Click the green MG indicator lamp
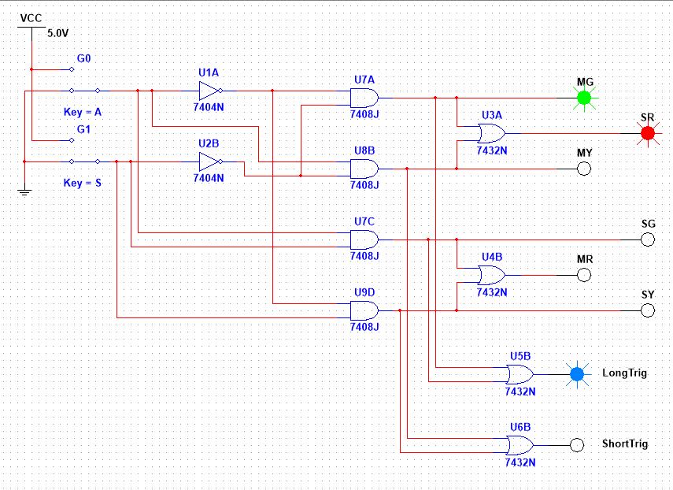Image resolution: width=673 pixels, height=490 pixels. click(583, 98)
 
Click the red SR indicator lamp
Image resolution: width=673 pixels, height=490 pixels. click(648, 133)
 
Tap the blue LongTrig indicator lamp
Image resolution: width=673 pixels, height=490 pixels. click(577, 373)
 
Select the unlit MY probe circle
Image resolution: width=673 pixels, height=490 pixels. click(583, 169)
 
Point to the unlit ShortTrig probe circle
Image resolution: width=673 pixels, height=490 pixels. click(577, 444)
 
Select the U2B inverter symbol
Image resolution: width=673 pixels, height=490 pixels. click(210, 162)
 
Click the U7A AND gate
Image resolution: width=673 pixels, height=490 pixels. click(364, 98)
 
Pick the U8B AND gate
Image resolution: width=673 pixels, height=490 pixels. click(364, 169)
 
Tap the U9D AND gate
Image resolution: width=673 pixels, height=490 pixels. click(364, 310)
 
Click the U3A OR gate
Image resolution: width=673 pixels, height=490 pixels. click(491, 133)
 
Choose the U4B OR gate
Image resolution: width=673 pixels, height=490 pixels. click(491, 275)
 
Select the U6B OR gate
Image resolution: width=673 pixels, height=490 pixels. click(520, 444)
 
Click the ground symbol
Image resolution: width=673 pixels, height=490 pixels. click(25, 191)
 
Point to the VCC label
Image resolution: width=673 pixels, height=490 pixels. click(31, 17)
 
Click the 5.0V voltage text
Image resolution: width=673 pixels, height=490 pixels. click(57, 34)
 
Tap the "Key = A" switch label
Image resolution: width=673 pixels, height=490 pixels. click(83, 112)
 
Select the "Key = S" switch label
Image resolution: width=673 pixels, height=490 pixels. click(83, 183)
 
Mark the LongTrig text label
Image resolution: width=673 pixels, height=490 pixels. click(624, 373)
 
